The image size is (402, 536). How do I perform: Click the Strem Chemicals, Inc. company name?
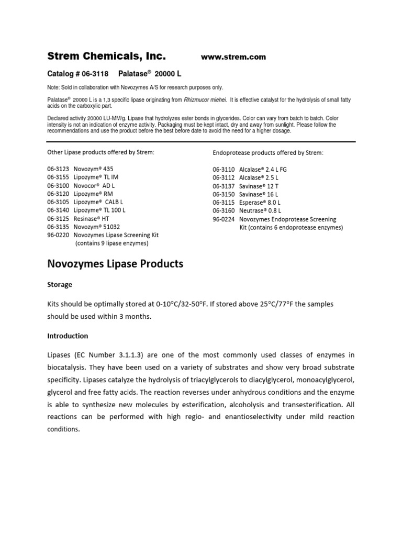pos(106,56)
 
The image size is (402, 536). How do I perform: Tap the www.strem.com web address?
pos(233,57)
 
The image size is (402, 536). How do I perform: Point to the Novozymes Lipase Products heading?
pos(115,264)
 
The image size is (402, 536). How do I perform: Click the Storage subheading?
pos(60,285)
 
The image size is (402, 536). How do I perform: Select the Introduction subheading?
pos(68,336)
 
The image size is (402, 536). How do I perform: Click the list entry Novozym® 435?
pos(93,169)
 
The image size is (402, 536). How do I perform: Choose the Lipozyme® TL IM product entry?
pos(96,177)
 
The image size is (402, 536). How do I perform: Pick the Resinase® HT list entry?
pos(92,218)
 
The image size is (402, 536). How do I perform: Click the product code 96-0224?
pos(224,219)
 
